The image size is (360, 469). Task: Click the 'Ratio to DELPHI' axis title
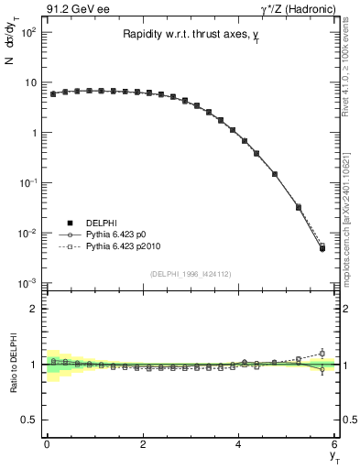(x=14, y=365)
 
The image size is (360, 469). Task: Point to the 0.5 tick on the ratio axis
(x=33, y=420)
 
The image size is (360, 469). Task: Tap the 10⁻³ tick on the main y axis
(x=30, y=283)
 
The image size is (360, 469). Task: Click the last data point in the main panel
(x=322, y=248)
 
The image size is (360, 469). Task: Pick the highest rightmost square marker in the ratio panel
(x=322, y=353)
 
